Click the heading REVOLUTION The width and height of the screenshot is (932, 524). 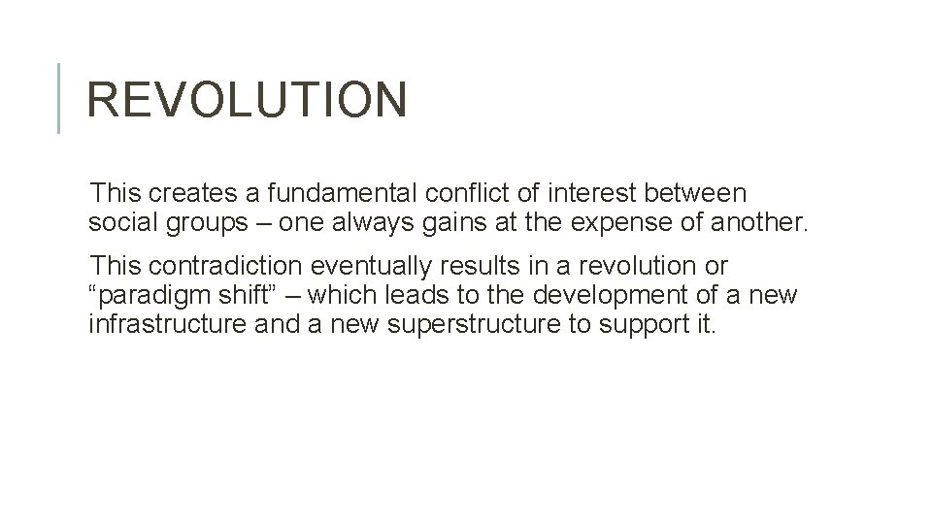[247, 100]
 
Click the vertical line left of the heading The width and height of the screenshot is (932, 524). [59, 98]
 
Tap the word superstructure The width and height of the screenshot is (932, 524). [475, 323]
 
